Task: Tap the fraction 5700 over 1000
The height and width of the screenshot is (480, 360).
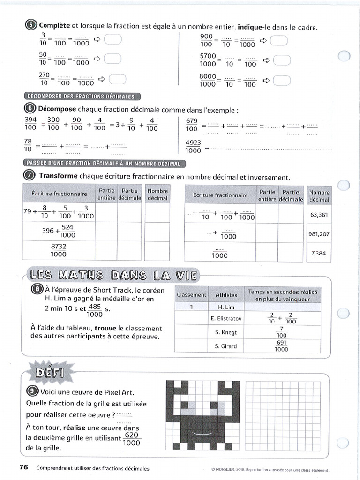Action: pos(208,60)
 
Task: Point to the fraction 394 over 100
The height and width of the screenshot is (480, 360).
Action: pos(30,123)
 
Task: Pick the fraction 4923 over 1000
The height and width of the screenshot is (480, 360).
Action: pos(193,147)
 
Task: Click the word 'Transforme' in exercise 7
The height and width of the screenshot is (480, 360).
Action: pos(58,177)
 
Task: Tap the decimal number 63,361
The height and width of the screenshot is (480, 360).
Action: pos(320,215)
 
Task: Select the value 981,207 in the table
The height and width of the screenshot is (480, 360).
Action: pos(319,234)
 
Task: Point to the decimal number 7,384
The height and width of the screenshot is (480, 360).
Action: pos(320,253)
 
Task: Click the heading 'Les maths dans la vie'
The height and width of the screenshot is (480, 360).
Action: pos(112,275)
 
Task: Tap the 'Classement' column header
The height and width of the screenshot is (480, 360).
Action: pos(191,295)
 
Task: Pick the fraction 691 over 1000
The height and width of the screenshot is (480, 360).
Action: pos(281,346)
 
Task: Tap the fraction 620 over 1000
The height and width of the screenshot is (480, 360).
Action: pos(132,439)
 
